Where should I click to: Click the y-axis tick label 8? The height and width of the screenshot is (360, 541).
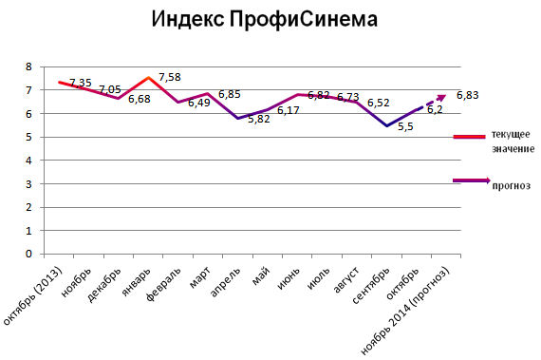point(28,66)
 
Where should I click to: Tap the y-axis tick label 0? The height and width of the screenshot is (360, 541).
point(28,255)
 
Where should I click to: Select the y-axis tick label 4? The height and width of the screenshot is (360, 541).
point(28,161)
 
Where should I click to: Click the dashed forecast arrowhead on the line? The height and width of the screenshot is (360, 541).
point(439,97)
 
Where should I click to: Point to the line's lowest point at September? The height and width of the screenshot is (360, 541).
point(385,125)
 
